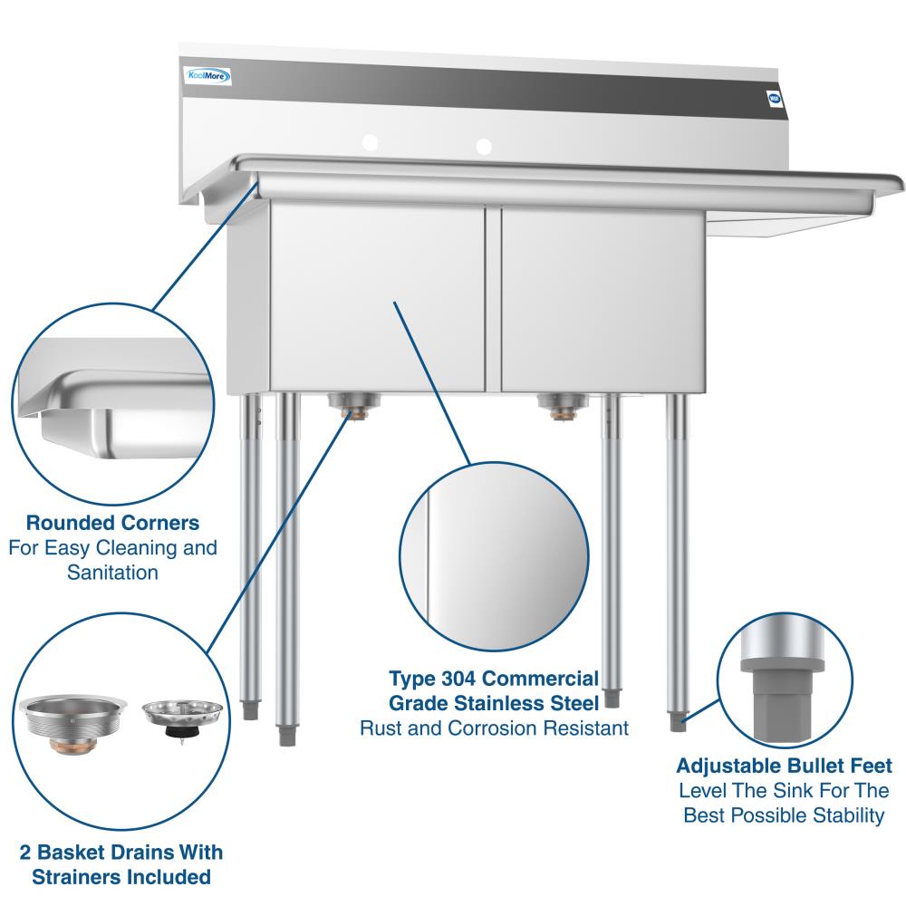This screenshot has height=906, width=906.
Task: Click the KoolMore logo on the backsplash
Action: [208, 76]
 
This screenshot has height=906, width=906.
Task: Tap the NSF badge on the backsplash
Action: [775, 98]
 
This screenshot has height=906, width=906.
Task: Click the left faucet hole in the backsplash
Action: [371, 142]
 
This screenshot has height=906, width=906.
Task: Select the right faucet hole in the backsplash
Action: [484, 146]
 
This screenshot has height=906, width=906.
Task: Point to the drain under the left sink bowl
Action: [353, 404]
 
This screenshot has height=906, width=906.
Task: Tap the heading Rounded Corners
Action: [112, 523]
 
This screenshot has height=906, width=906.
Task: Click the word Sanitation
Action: [112, 573]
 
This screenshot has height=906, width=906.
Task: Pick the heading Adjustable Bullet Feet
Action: [784, 766]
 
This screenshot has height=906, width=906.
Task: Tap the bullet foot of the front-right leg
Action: [677, 722]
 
